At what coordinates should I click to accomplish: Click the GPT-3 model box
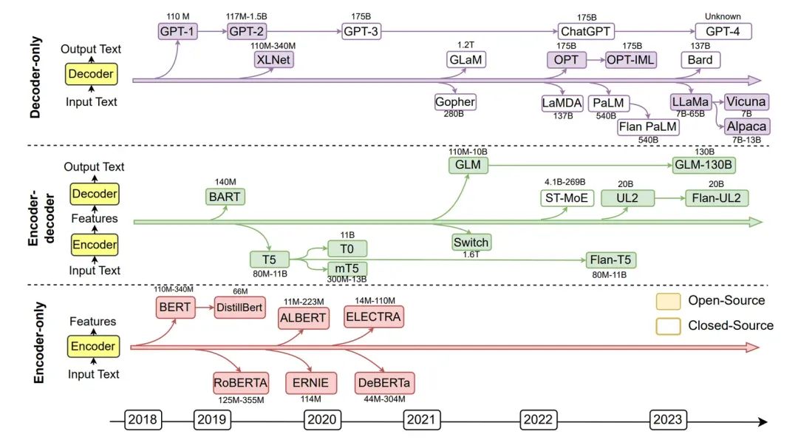pyautogui.click(x=361, y=32)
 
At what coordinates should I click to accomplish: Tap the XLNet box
pyautogui.click(x=272, y=60)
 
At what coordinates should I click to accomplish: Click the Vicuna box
pyautogui.click(x=746, y=101)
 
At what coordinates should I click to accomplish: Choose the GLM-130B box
pyautogui.click(x=704, y=165)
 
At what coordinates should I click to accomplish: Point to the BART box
pyautogui.click(x=224, y=197)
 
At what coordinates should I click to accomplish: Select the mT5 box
pyautogui.click(x=347, y=268)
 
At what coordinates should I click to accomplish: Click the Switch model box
pyautogui.click(x=471, y=242)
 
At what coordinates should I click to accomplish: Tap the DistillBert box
pyautogui.click(x=239, y=307)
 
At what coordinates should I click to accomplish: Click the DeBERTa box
pyautogui.click(x=385, y=382)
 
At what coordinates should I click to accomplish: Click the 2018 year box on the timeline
pyautogui.click(x=143, y=420)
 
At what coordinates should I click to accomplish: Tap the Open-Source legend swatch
pyautogui.click(x=668, y=301)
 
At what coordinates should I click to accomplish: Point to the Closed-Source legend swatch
pyautogui.click(x=668, y=325)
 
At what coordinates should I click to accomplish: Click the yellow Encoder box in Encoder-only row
pyautogui.click(x=92, y=346)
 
